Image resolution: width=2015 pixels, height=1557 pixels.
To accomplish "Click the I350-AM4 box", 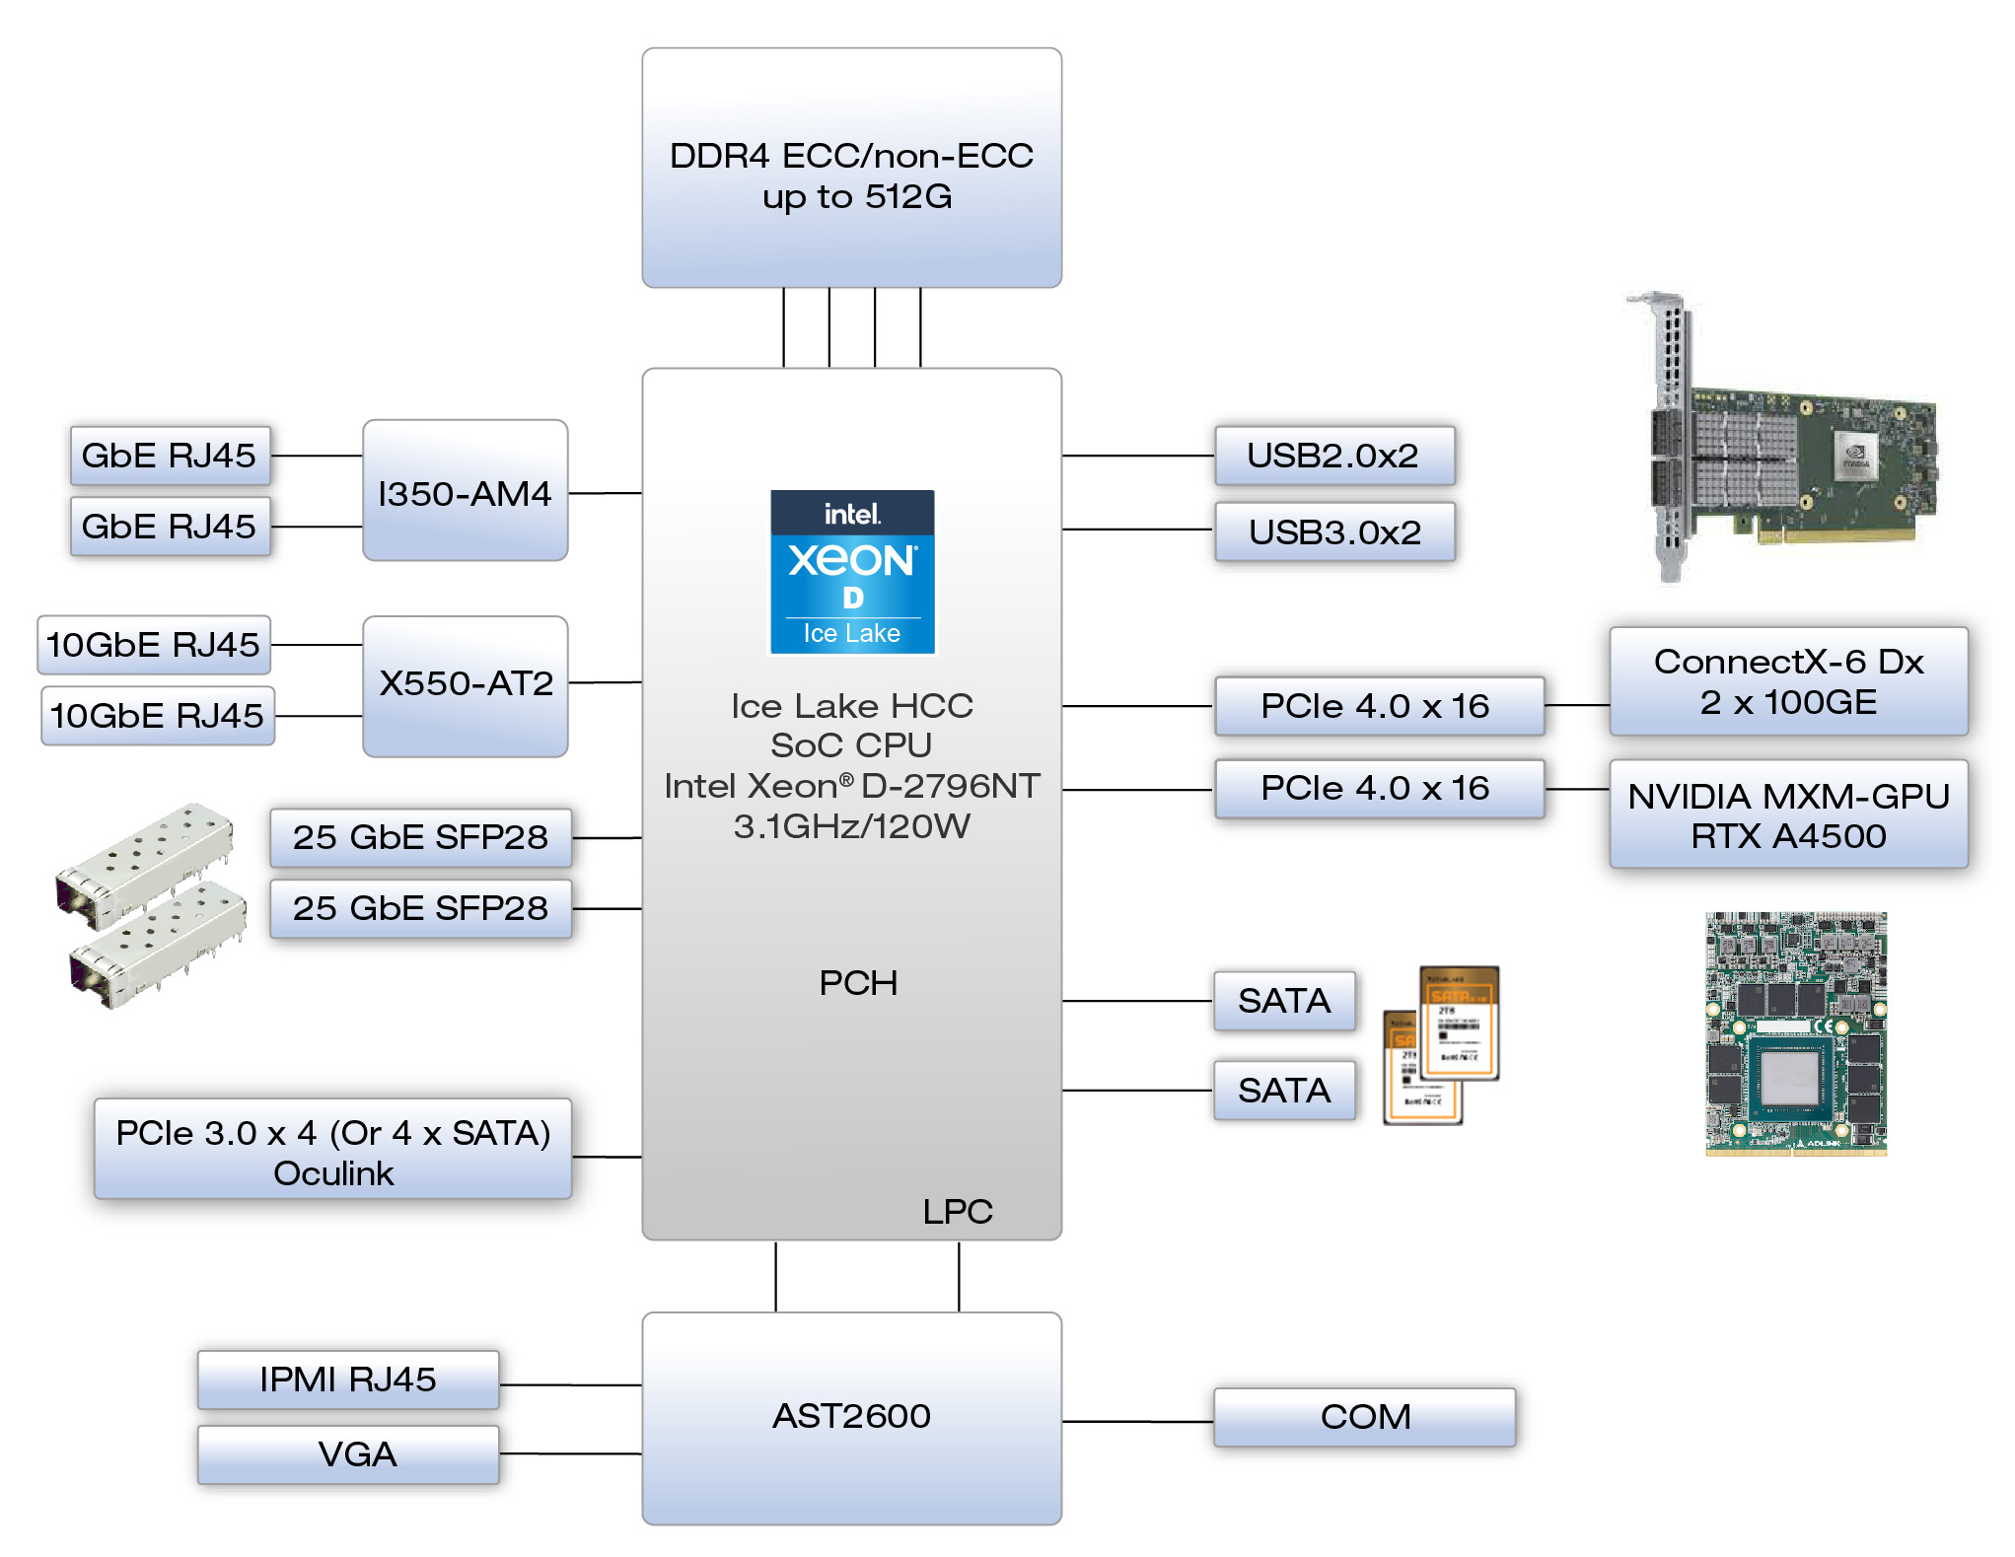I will (465, 491).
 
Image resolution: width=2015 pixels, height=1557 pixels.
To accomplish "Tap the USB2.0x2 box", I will (1333, 456).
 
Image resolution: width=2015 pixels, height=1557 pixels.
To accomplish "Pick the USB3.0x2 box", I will (1333, 531).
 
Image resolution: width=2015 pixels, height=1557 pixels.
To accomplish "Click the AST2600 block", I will (851, 1417).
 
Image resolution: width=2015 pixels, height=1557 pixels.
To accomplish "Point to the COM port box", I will (1364, 1417).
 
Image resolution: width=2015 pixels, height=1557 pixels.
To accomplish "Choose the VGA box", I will (348, 1454).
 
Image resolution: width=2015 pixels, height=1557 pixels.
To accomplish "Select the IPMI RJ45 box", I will (348, 1380).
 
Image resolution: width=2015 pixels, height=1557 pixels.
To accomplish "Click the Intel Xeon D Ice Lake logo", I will (852, 572).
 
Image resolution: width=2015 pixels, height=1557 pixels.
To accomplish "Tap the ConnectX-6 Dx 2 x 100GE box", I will (1787, 681).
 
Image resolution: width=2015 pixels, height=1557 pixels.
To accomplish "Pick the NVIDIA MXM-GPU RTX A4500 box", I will (1787, 814).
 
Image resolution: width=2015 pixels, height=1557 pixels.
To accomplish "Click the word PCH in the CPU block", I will (858, 983).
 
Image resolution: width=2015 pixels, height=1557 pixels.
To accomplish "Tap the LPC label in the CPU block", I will (957, 1212).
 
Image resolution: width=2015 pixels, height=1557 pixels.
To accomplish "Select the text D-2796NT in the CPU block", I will (950, 786).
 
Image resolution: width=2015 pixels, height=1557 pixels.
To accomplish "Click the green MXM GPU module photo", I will (1795, 1032).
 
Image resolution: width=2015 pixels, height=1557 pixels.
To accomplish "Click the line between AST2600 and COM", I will (1137, 1422).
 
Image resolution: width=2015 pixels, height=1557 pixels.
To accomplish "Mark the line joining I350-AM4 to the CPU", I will (605, 493).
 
